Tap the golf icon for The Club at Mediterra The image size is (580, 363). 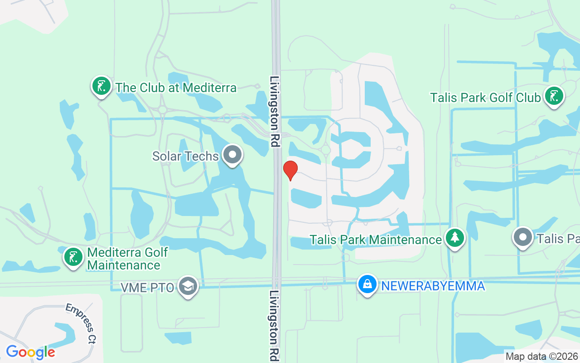[101, 86]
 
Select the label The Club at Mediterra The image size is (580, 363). [176, 88]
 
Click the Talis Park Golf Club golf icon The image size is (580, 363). [554, 96]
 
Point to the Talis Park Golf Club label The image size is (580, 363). [485, 98]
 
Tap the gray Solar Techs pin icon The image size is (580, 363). [233, 155]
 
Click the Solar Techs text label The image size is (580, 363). [186, 156]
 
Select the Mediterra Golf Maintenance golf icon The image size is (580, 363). [73, 257]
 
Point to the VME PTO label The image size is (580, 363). [147, 287]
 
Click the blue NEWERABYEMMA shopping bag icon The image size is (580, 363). [367, 285]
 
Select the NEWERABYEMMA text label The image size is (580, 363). [433, 286]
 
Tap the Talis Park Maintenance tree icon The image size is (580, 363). [455, 238]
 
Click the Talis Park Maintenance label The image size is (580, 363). [376, 240]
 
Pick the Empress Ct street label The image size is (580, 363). [80, 324]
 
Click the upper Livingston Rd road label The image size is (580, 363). [275, 111]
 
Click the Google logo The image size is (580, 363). [30, 352]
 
